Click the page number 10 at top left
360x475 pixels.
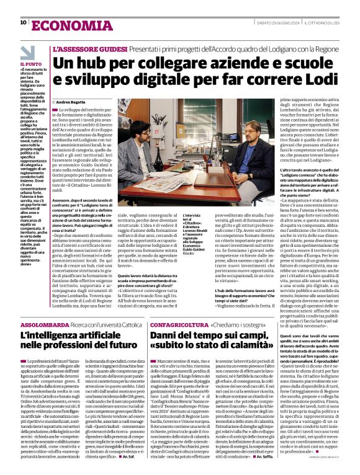(23, 22)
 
